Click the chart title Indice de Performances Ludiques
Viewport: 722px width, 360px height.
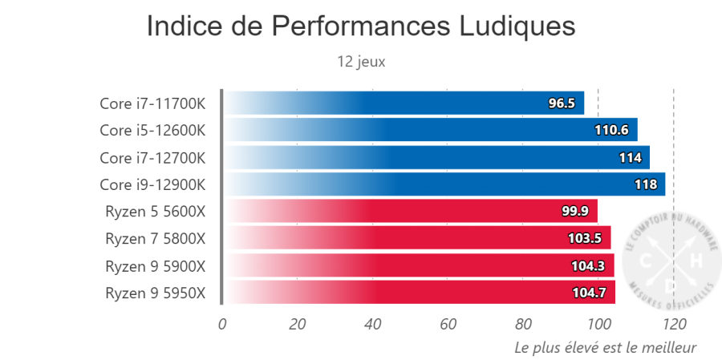[x=361, y=26]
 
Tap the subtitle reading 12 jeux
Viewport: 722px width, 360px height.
[x=361, y=61]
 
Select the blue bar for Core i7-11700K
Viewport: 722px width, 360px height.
[x=401, y=103]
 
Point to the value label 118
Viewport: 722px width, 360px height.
[x=646, y=184]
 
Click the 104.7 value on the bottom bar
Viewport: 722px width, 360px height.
[x=589, y=293]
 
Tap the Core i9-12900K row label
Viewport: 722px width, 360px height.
[x=152, y=184]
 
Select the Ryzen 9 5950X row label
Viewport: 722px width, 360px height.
[x=155, y=293]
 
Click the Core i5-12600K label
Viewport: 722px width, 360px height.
[x=152, y=130]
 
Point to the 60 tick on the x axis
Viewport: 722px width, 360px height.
[x=448, y=324]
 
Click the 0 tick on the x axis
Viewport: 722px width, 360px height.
[x=222, y=324]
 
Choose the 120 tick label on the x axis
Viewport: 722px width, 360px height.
[x=675, y=324]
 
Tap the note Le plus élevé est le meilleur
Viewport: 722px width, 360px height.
[x=605, y=347]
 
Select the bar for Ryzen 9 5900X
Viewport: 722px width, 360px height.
[x=417, y=266]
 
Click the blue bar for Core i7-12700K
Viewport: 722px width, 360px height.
[x=433, y=157]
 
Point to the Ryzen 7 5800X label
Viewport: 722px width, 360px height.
[x=155, y=239]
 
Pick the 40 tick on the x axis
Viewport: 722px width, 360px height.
[x=373, y=324]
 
